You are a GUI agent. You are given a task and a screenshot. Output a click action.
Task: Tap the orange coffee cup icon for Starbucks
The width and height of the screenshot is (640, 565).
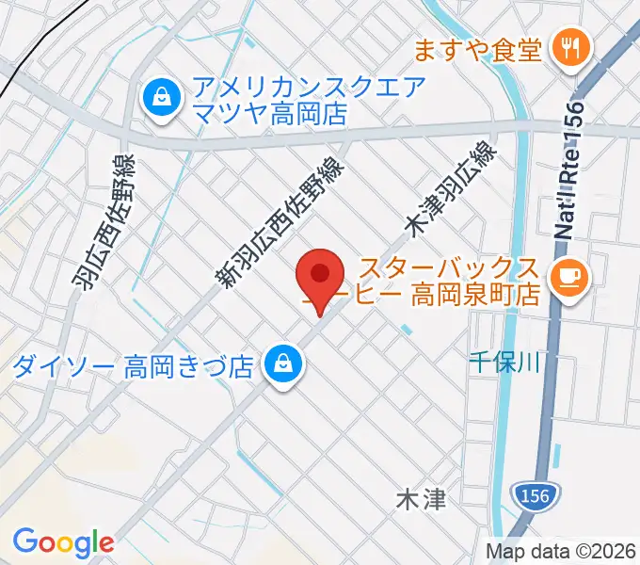568,275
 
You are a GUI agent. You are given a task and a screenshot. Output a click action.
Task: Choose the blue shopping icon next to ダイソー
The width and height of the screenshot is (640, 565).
280,362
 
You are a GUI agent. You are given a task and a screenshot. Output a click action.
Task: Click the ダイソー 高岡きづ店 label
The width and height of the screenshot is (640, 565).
134,364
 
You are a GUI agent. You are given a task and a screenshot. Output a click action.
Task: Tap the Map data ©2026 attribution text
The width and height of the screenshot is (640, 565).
561,551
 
